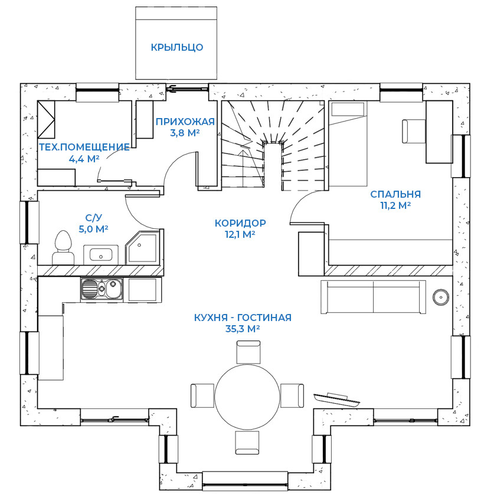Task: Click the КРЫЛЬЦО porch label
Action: [177, 47]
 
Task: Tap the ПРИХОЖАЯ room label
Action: [185, 122]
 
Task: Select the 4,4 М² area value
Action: [83, 158]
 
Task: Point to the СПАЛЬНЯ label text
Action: [395, 194]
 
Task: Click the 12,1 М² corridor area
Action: [240, 234]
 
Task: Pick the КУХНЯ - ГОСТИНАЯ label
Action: [243, 318]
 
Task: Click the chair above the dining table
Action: [247, 352]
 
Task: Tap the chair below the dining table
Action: [247, 443]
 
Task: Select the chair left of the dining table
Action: [202, 394]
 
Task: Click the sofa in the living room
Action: [373, 296]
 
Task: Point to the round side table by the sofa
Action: [440, 297]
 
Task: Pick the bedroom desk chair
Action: [414, 130]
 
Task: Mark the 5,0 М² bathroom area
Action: [93, 228]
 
